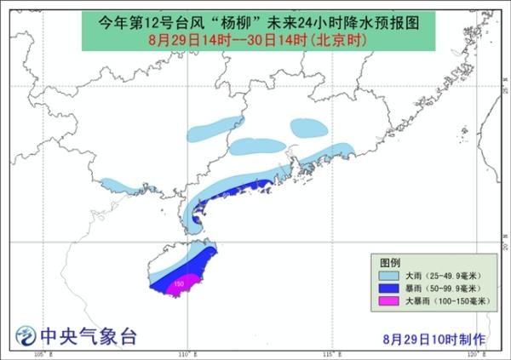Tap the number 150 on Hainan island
click(179, 282)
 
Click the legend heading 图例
click(389, 261)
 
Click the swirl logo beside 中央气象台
click(26, 335)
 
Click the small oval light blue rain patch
click(307, 128)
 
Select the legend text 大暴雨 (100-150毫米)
click(448, 301)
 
